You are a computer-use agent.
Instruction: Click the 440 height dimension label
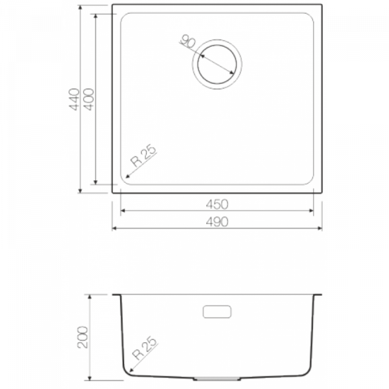[x=74, y=99]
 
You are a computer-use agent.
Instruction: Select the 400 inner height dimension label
[x=89, y=99]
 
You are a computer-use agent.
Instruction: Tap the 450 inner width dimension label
[x=217, y=204]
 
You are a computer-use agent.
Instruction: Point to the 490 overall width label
[x=217, y=222]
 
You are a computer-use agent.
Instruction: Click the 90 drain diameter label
[x=188, y=41]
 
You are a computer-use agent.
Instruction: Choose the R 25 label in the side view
[x=145, y=348]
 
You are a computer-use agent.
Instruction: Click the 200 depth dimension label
[x=83, y=337]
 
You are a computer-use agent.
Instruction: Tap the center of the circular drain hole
[x=217, y=64]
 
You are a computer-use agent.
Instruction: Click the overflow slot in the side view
[x=217, y=312]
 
